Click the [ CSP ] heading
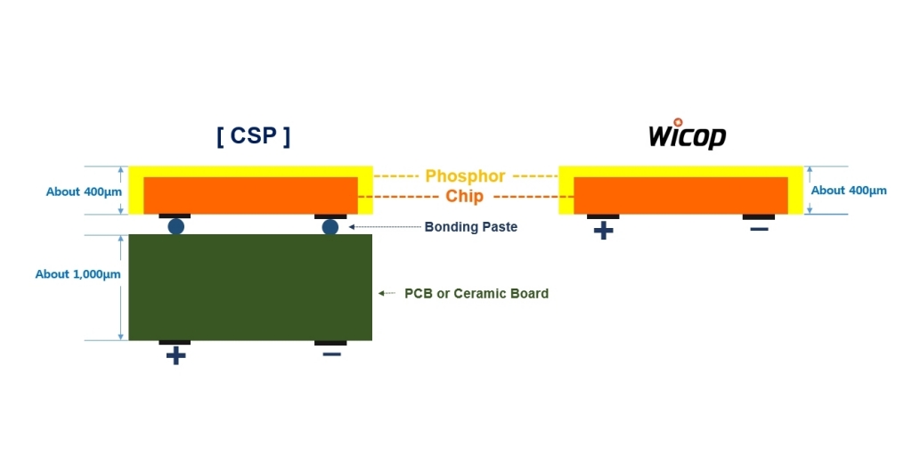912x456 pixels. click(253, 136)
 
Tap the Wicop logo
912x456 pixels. click(687, 135)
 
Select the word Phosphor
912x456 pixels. click(465, 176)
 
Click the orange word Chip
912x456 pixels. click(465, 196)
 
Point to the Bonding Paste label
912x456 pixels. click(470, 227)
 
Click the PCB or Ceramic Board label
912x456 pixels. click(476, 293)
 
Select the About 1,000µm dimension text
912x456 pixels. click(77, 274)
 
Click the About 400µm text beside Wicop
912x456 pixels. click(849, 191)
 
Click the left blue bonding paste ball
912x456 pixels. click(175, 226)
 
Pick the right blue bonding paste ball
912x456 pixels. click(330, 226)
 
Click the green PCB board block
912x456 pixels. click(250, 287)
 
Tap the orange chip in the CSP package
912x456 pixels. click(250, 194)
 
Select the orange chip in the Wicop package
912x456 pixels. click(680, 194)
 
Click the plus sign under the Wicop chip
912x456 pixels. click(603, 231)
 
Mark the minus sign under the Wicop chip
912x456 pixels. click(759, 230)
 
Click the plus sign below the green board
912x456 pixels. click(175, 356)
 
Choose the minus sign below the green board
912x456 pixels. click(330, 354)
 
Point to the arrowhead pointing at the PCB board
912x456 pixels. click(381, 293)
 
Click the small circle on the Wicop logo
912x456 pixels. click(678, 123)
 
